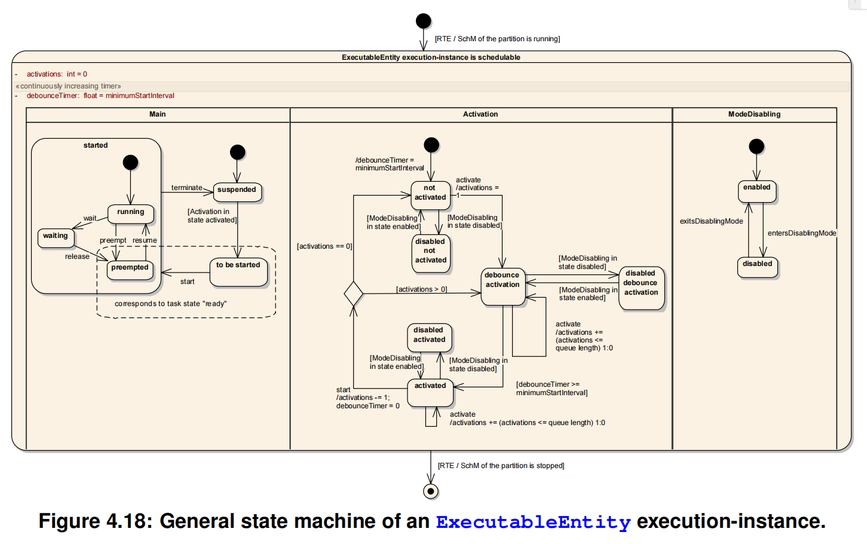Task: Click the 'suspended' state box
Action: (x=237, y=192)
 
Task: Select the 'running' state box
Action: (x=130, y=213)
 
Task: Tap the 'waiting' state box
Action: (x=56, y=237)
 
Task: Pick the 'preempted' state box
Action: (x=130, y=269)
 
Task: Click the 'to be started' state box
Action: (x=238, y=271)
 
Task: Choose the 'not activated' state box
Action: (x=430, y=194)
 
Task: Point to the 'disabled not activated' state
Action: (x=430, y=251)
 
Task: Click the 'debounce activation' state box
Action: (x=503, y=286)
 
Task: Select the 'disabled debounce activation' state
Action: (x=641, y=288)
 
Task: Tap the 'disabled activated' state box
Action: (x=429, y=337)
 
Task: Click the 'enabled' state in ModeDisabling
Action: (x=757, y=191)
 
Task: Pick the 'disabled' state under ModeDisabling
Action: (x=757, y=267)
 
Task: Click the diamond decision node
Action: (x=354, y=294)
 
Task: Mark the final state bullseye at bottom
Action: (x=430, y=491)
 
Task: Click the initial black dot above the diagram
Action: (x=423, y=22)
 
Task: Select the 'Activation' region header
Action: (x=480, y=114)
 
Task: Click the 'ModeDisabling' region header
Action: (x=754, y=114)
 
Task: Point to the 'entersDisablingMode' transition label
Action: (x=801, y=233)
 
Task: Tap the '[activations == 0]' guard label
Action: (x=324, y=246)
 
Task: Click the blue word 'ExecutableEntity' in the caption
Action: (x=533, y=522)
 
